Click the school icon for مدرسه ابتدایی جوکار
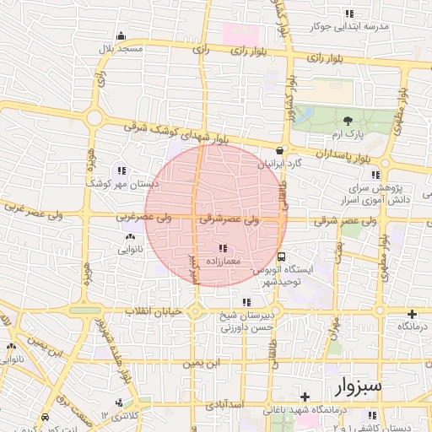point(349,13)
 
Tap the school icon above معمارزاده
point(223,248)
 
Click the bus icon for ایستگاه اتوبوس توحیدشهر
point(281,256)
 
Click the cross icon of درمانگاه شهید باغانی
point(305,396)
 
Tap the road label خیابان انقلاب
point(154,312)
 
